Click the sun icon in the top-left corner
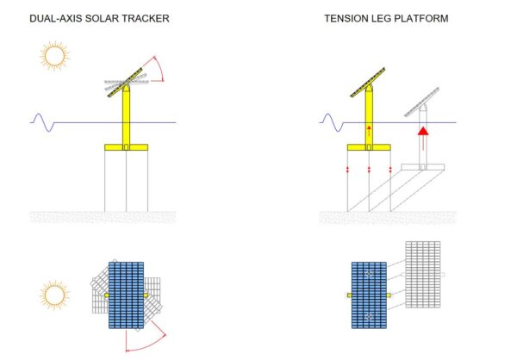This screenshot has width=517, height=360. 55,57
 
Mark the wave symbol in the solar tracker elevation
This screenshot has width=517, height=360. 42,122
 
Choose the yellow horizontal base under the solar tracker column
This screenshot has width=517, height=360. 127,148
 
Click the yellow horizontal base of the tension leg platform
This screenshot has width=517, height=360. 370,148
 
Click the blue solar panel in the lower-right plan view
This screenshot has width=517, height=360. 370,295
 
